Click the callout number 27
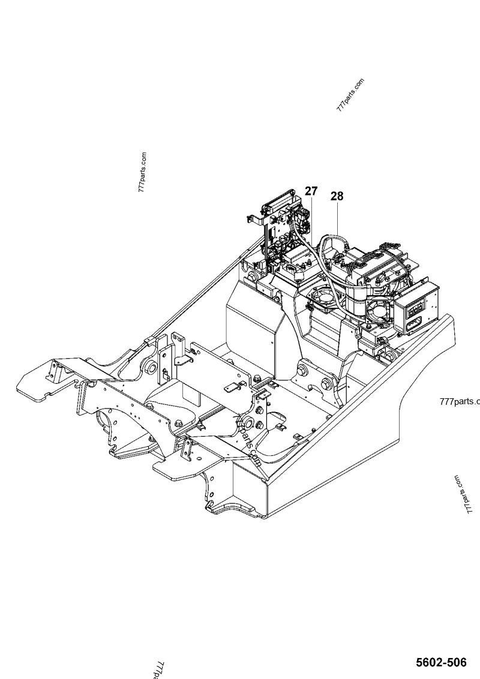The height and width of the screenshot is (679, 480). coord(310,191)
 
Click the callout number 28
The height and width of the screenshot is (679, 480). coord(337,196)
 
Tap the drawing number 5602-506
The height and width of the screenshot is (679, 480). coord(441,662)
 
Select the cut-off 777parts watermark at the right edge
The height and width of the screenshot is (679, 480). coord(460,401)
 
